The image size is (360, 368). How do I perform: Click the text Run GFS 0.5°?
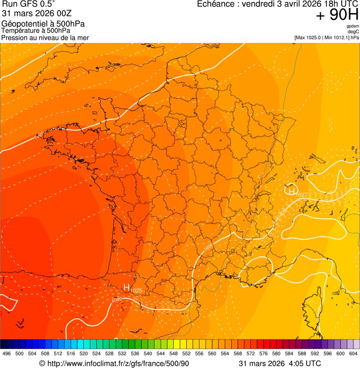29,4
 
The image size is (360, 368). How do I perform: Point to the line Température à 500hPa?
39,31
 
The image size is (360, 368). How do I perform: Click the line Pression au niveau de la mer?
45,37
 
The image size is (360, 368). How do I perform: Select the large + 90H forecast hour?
337,15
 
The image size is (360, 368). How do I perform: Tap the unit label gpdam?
353,26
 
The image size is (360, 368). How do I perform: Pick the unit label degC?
353,31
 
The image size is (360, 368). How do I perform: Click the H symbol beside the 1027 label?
291,191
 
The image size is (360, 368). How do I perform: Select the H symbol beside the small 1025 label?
126,287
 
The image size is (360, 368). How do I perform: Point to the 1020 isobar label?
117,299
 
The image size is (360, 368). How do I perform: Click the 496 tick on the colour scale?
7,353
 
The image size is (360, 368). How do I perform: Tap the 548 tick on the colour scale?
174,353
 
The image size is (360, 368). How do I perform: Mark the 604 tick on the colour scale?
353,353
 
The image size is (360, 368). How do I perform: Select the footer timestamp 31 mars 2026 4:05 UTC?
280,363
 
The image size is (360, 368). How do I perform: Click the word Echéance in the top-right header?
216,4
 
